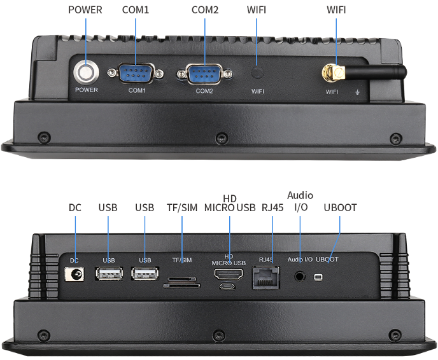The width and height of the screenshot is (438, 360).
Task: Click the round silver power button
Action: (x=87, y=73)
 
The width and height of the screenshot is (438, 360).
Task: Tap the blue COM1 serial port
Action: (x=136, y=73)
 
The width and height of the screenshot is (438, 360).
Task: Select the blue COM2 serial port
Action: (x=204, y=74)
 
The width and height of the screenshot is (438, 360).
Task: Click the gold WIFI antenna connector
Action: (x=334, y=73)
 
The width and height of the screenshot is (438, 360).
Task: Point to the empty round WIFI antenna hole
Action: (x=257, y=73)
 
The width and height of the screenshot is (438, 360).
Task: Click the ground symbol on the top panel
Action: (x=357, y=92)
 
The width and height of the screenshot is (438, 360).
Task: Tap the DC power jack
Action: (x=74, y=274)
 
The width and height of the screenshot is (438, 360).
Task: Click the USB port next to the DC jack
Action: (x=109, y=273)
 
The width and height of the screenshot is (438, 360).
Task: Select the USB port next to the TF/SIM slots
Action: (x=145, y=273)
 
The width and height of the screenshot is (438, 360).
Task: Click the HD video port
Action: (x=229, y=274)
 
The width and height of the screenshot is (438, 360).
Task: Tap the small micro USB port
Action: (x=227, y=286)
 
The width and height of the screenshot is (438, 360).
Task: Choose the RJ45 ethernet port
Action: (x=265, y=277)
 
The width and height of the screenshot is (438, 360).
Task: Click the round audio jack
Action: (x=300, y=277)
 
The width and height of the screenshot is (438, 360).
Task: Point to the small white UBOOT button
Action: (x=318, y=277)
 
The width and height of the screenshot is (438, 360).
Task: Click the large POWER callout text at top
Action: (x=85, y=10)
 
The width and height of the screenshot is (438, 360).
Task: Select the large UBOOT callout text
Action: (x=340, y=207)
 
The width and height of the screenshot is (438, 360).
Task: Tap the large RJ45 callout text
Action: (x=272, y=207)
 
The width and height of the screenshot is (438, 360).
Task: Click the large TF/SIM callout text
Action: (x=182, y=207)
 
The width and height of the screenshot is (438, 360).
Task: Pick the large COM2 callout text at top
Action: (x=205, y=10)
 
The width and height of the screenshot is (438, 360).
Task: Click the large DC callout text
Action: (x=75, y=207)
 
